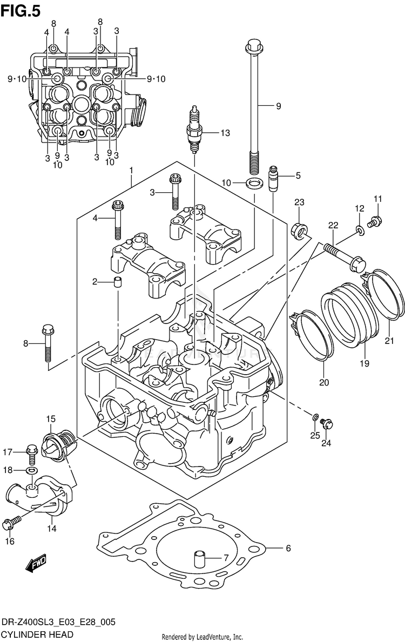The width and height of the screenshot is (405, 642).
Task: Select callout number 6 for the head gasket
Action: click(288, 549)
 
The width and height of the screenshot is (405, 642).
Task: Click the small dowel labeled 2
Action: click(118, 282)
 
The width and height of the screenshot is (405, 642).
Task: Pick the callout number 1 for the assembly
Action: click(131, 171)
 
